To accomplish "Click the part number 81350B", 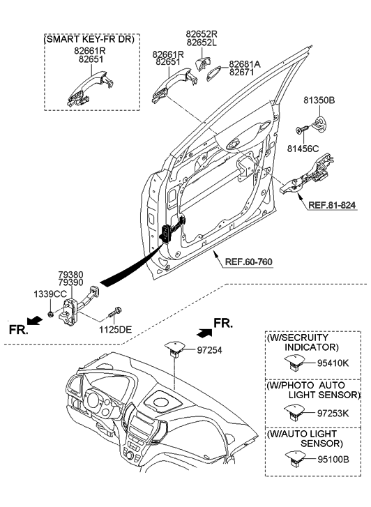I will tap(319, 100).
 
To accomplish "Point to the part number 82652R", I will tap(200, 33).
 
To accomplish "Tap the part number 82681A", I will tap(245, 63).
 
